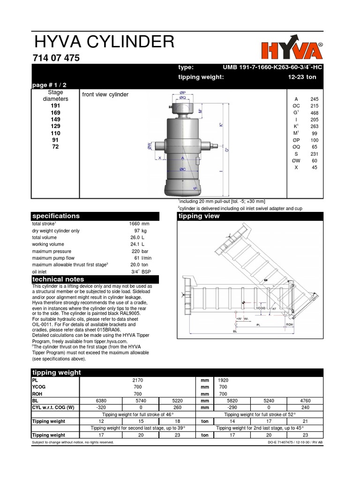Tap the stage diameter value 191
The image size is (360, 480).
[x=56, y=106]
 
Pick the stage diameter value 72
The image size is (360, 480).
[x=56, y=147]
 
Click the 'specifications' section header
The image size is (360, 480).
[x=55, y=216]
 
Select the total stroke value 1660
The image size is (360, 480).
[x=134, y=224]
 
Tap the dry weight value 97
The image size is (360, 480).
[x=137, y=231]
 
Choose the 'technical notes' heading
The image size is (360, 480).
[x=58, y=279]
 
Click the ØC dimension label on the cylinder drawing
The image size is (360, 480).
[x=182, y=169]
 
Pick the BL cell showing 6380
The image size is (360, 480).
[x=100, y=401]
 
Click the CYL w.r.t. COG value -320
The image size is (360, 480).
[x=100, y=408]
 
